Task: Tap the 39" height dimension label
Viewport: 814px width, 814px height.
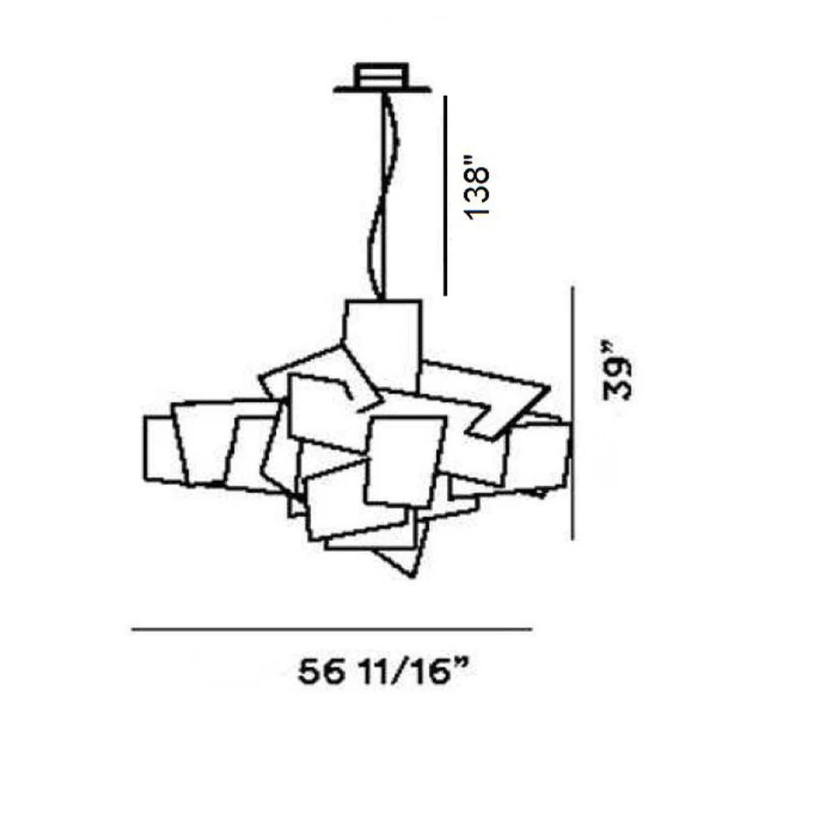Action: click(x=617, y=370)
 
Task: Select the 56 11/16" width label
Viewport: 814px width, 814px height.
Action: click(x=385, y=672)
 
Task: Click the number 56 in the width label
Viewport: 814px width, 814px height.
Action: click(x=321, y=673)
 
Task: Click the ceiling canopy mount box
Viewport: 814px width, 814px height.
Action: click(x=381, y=75)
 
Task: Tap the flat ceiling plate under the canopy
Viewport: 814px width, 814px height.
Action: click(x=382, y=90)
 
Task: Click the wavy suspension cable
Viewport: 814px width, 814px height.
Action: click(x=384, y=196)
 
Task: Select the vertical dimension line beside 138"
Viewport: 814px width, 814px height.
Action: click(x=445, y=195)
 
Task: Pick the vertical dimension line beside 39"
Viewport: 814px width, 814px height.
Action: click(x=572, y=414)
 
